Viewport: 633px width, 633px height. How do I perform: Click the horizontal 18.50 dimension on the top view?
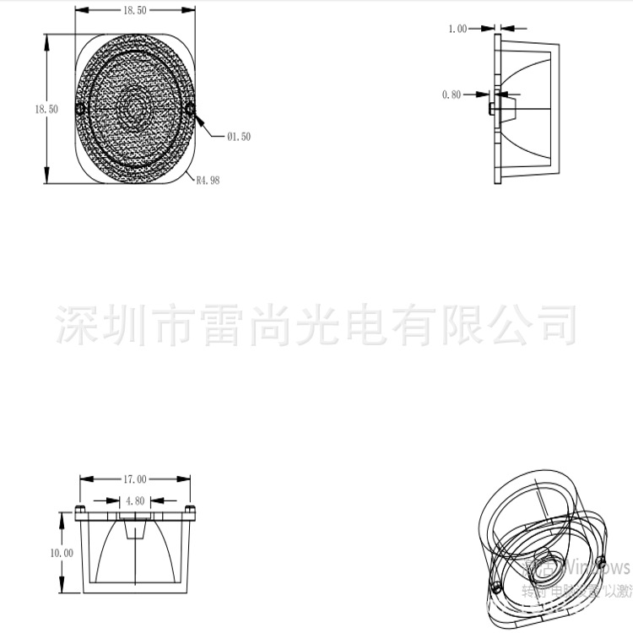pos(135,10)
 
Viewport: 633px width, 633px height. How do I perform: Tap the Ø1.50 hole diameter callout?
pos(238,136)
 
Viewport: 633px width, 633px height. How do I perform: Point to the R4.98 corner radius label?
pos(208,180)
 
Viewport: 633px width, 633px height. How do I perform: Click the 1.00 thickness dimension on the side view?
pos(457,29)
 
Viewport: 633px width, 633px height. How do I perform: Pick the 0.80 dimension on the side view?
pos(452,95)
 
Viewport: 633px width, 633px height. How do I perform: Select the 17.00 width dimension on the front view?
pos(135,479)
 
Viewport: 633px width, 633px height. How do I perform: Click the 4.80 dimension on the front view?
pos(135,500)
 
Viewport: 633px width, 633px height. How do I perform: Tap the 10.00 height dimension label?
pos(62,553)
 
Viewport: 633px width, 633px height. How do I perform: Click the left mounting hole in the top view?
pos(81,110)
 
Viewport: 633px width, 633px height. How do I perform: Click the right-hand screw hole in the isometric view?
pos(600,563)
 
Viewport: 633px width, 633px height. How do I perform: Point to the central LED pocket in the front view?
pos(135,529)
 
